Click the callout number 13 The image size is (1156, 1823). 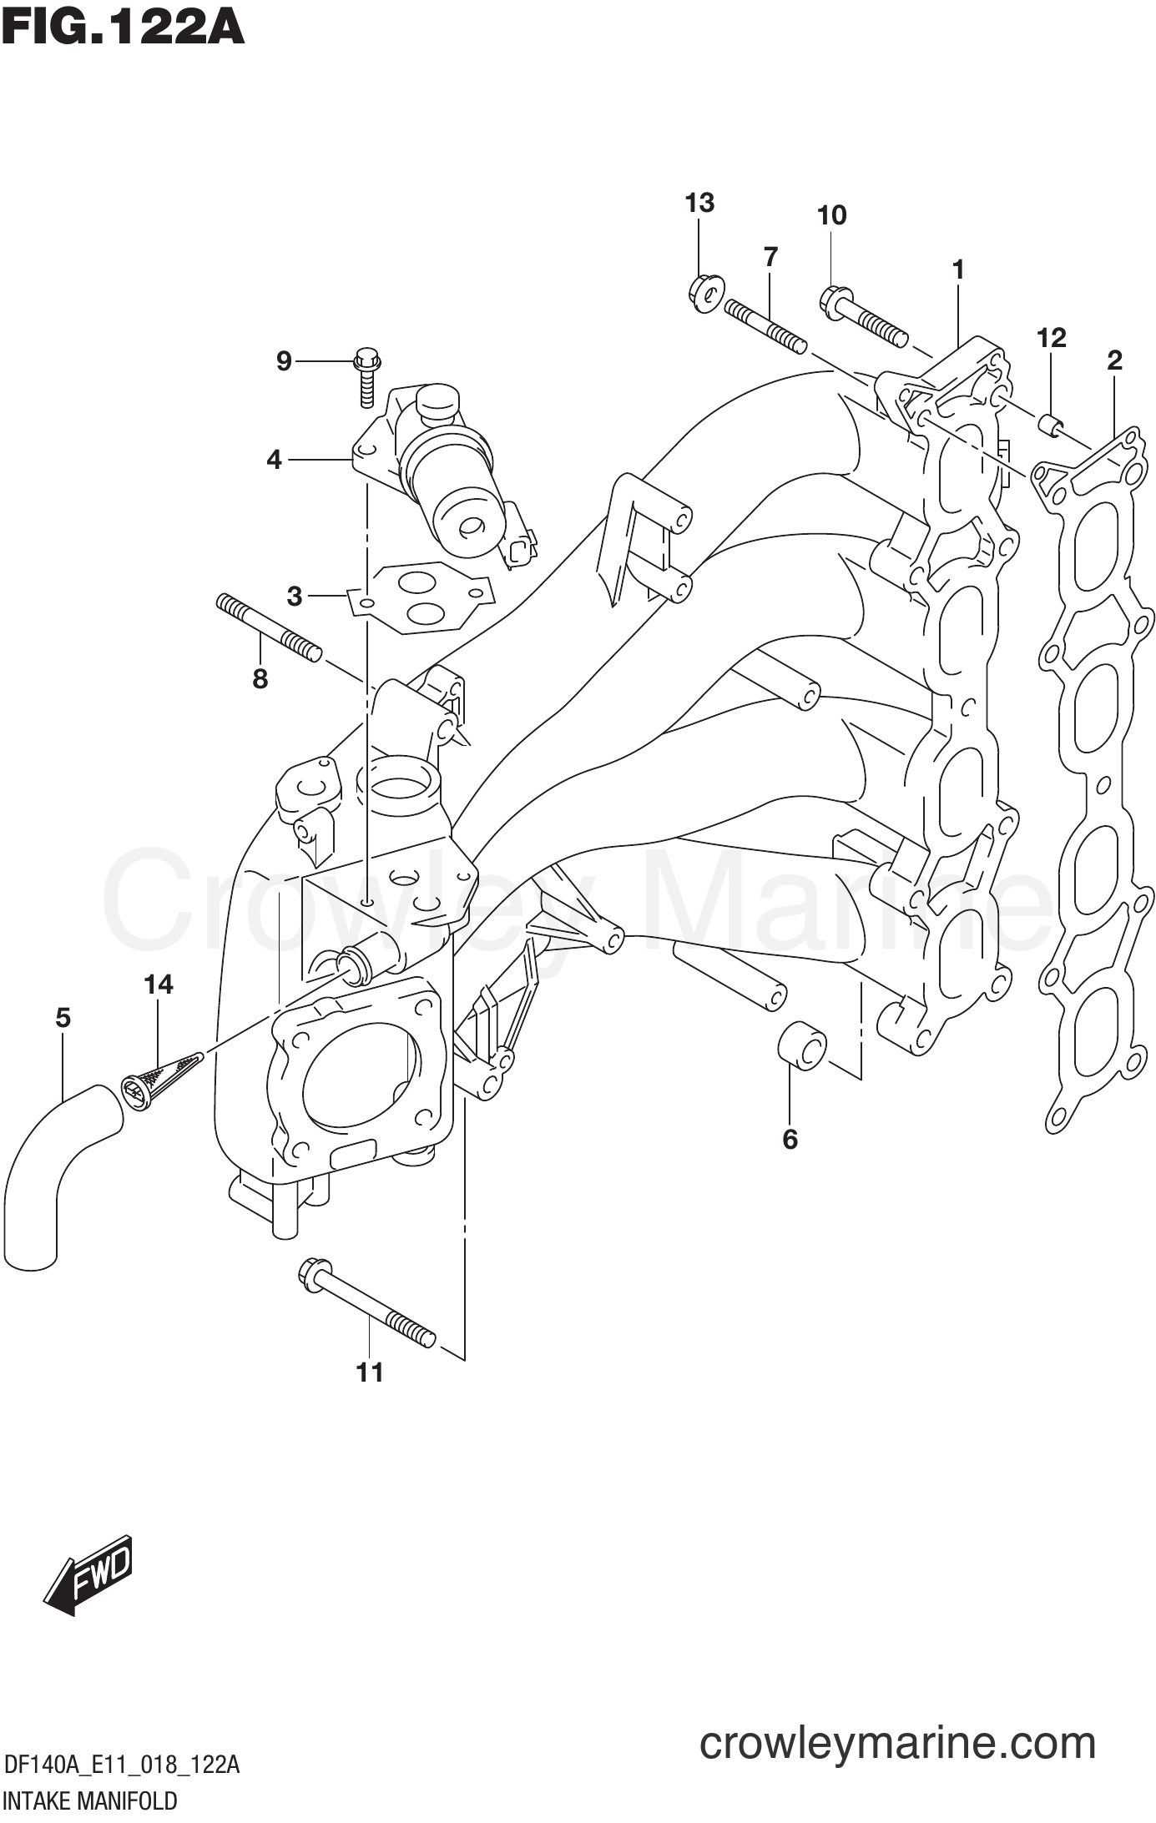coord(699,203)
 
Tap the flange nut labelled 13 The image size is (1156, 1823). coord(706,293)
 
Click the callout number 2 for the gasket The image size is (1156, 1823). coord(1114,360)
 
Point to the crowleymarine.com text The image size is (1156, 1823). coord(897,1743)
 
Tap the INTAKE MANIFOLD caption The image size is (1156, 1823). coord(90,1801)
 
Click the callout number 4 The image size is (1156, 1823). coord(274,459)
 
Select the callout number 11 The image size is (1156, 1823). coord(370,1372)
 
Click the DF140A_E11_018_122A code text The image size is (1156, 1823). coord(122,1765)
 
